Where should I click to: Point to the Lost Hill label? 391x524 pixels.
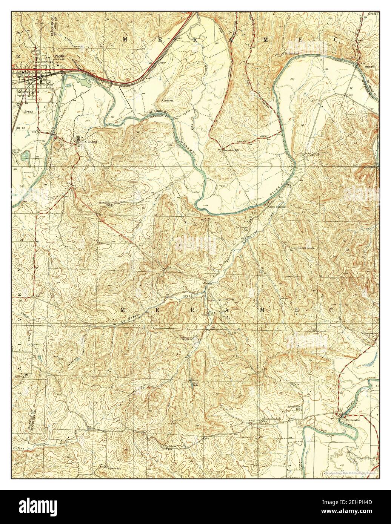pyautogui.click(x=168, y=101)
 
